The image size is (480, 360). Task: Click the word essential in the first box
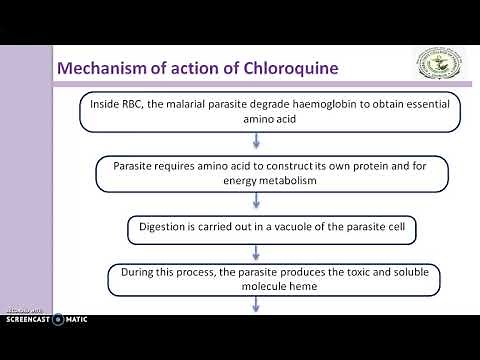coord(404,102)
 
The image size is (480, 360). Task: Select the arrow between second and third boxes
coord(258,202)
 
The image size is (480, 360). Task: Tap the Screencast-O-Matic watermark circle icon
coord(58,319)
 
